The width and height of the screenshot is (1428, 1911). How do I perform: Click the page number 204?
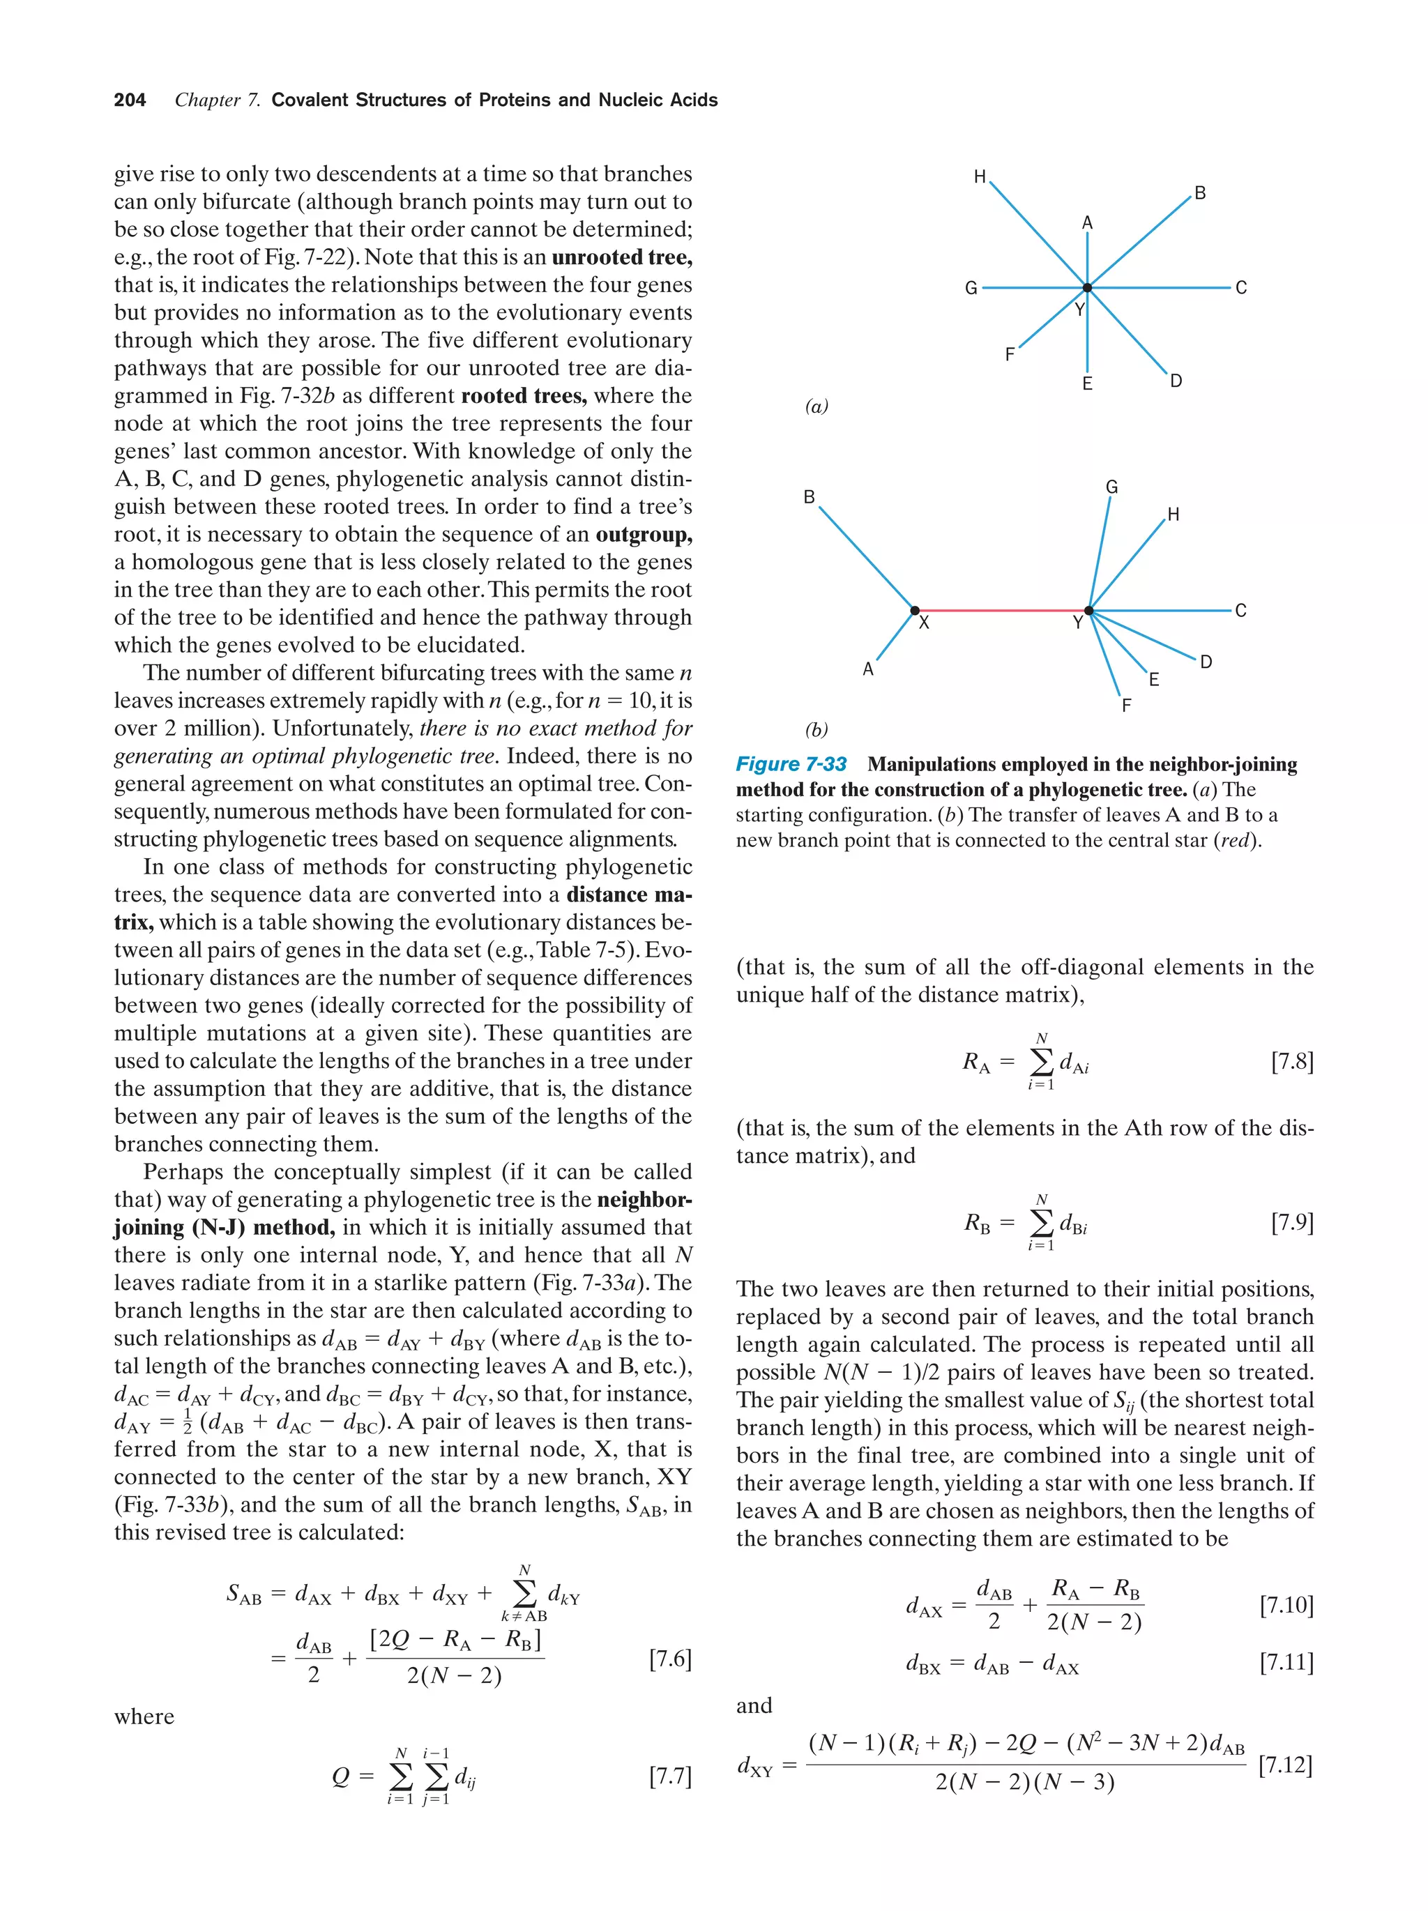130,100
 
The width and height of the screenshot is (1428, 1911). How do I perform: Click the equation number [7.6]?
669,1658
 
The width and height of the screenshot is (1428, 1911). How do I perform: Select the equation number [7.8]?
1291,1062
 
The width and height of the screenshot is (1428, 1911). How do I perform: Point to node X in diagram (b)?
915,611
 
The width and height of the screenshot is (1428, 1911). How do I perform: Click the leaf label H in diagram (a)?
980,177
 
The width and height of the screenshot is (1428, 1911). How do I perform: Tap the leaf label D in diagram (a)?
1176,381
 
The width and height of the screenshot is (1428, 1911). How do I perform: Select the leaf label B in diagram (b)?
810,497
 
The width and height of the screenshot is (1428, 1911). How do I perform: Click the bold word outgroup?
644,535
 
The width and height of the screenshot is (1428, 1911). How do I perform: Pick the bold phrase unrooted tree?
621,257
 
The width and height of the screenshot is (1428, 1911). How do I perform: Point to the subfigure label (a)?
816,406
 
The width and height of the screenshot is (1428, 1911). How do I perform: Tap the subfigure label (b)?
816,730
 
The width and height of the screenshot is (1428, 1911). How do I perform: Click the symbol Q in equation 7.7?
341,1776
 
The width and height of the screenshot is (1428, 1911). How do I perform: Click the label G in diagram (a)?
971,289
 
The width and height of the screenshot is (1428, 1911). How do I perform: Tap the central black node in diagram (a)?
1087,288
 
